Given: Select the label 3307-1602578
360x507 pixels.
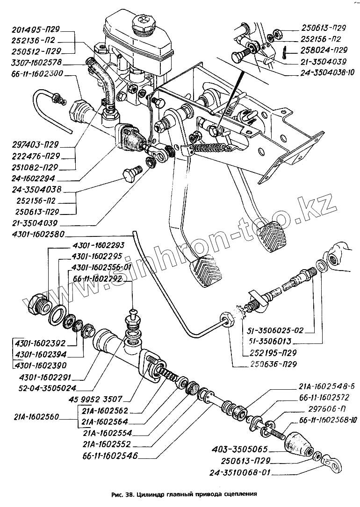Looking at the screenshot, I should pos(37,62).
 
